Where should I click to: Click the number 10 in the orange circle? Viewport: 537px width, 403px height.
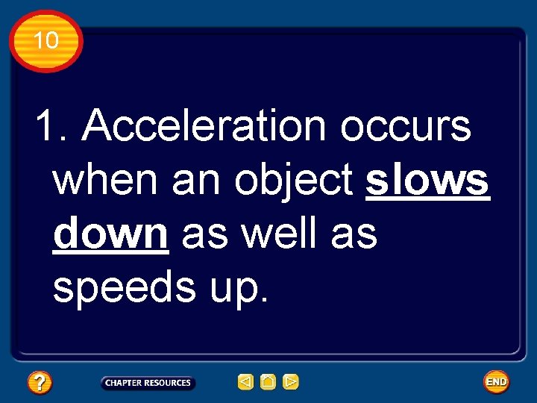coord(45,40)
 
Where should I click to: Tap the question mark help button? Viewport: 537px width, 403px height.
coord(40,383)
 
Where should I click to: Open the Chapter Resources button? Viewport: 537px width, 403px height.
coord(148,383)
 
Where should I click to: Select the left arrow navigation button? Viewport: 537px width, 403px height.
coord(245,382)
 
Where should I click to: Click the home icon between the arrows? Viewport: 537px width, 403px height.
coord(268,382)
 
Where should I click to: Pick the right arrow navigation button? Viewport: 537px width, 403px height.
coord(291,382)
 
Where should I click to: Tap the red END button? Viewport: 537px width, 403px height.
coord(496,382)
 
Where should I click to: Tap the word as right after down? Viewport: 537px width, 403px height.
coord(203,234)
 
